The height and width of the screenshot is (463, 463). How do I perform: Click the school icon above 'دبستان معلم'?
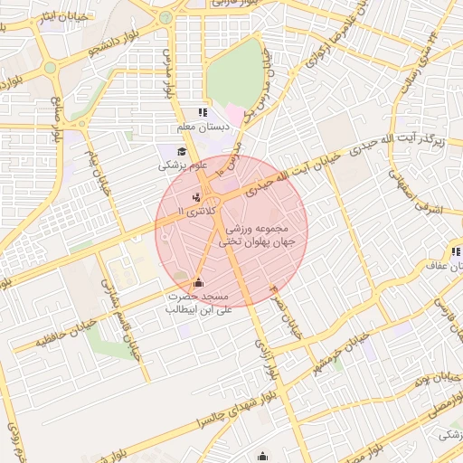pos(202,113)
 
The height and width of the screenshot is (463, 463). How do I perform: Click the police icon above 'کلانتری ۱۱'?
pos(196,197)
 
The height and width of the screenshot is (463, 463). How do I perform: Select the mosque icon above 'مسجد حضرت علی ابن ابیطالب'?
pos(199,282)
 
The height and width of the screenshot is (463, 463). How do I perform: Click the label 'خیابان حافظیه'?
pos(40,339)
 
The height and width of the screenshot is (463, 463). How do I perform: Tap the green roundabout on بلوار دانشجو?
pos(50,67)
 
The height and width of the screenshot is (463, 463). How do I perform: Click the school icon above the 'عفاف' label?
pos(454,252)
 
